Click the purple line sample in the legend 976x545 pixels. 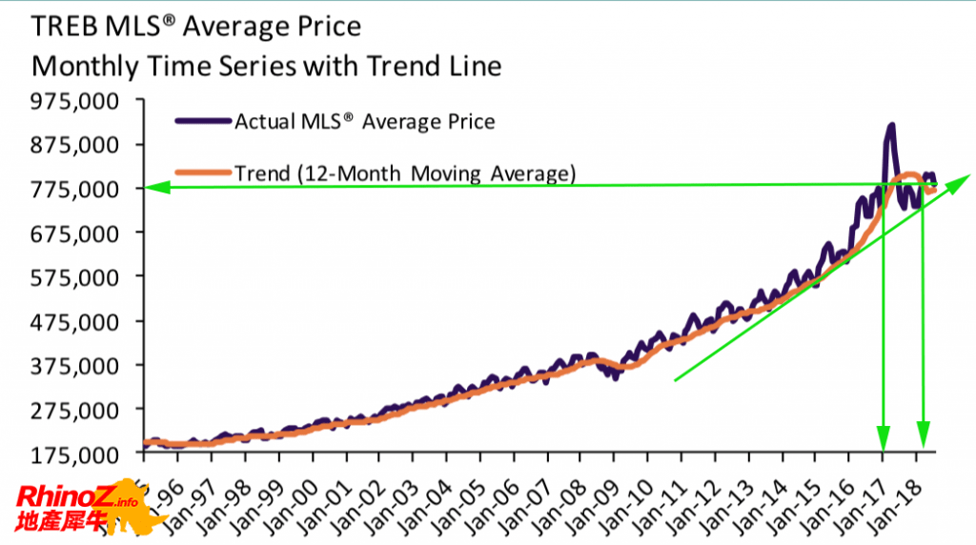[202, 121]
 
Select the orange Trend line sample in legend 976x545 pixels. [202, 173]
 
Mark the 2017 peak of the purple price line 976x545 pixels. [891, 125]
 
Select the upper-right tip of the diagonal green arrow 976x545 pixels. [967, 175]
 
